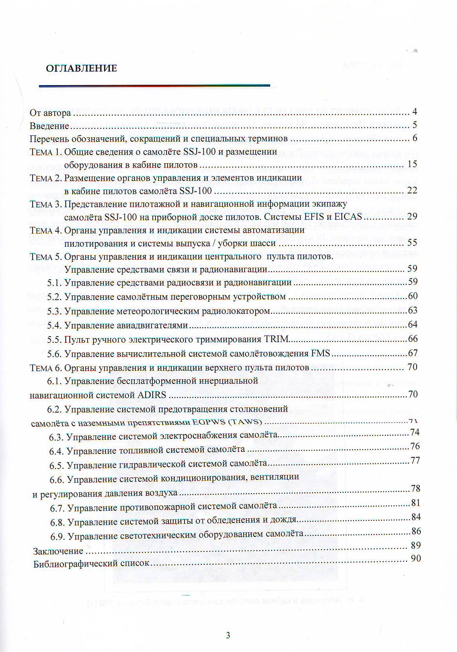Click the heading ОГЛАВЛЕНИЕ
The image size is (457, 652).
coord(81,68)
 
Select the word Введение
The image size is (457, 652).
coord(49,126)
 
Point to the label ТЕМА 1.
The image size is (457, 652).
coord(46,151)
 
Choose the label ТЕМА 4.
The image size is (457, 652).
coord(46,230)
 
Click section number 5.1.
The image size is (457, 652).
coord(55,282)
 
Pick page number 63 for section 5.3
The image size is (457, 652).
coord(413,311)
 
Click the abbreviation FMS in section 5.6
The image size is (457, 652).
coord(321,353)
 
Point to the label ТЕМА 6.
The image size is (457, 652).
coord(46,368)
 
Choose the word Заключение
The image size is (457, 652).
coord(58,551)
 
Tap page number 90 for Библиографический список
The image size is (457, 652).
coord(416,558)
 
